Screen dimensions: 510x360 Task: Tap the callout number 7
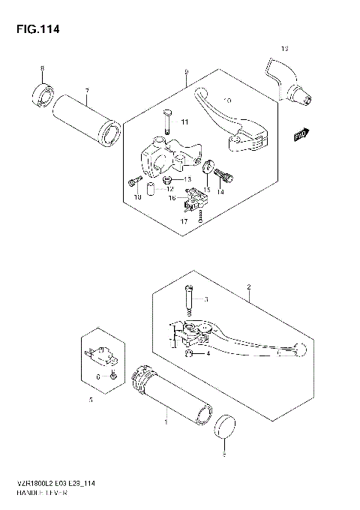(86, 91)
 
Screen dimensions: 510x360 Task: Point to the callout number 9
(185, 72)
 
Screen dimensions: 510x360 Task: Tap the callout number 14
(220, 193)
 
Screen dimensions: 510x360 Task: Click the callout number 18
(137, 198)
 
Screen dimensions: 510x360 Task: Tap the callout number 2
(248, 287)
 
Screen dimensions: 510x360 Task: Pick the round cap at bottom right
(224, 428)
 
